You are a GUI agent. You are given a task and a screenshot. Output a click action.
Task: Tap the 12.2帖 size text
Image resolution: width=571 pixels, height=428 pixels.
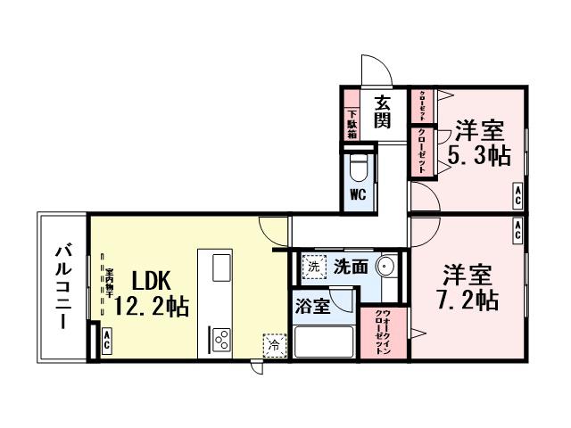(x=151, y=308)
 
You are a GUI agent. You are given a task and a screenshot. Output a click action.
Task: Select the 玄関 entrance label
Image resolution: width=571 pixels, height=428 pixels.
(x=382, y=111)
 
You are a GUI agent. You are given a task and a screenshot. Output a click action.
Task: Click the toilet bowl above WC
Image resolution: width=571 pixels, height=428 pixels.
(x=358, y=167)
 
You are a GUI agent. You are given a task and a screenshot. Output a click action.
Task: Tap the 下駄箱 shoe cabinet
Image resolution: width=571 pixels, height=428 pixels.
(x=352, y=123)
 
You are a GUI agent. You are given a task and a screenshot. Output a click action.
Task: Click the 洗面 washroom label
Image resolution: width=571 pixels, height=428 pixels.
(x=352, y=266)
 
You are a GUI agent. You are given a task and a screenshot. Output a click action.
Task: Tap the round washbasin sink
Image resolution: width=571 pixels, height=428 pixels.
(x=386, y=267)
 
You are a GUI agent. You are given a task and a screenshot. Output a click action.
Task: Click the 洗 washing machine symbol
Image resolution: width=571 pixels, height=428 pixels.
(x=313, y=265)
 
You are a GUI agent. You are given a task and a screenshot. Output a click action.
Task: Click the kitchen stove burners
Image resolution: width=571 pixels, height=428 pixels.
(x=221, y=339)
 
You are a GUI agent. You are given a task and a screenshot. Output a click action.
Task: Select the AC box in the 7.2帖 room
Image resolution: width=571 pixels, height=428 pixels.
(x=517, y=230)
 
